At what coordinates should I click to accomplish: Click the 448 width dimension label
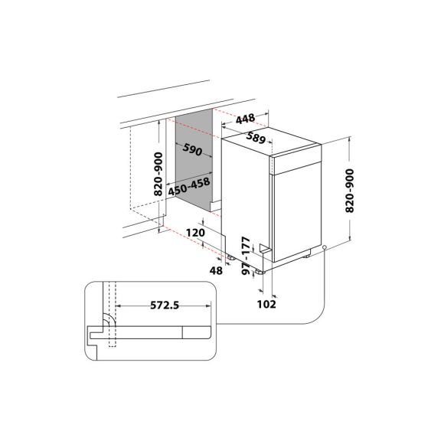tap(245, 118)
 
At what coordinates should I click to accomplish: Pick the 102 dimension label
tap(266, 303)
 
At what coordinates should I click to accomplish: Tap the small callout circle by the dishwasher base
tap(325, 247)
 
